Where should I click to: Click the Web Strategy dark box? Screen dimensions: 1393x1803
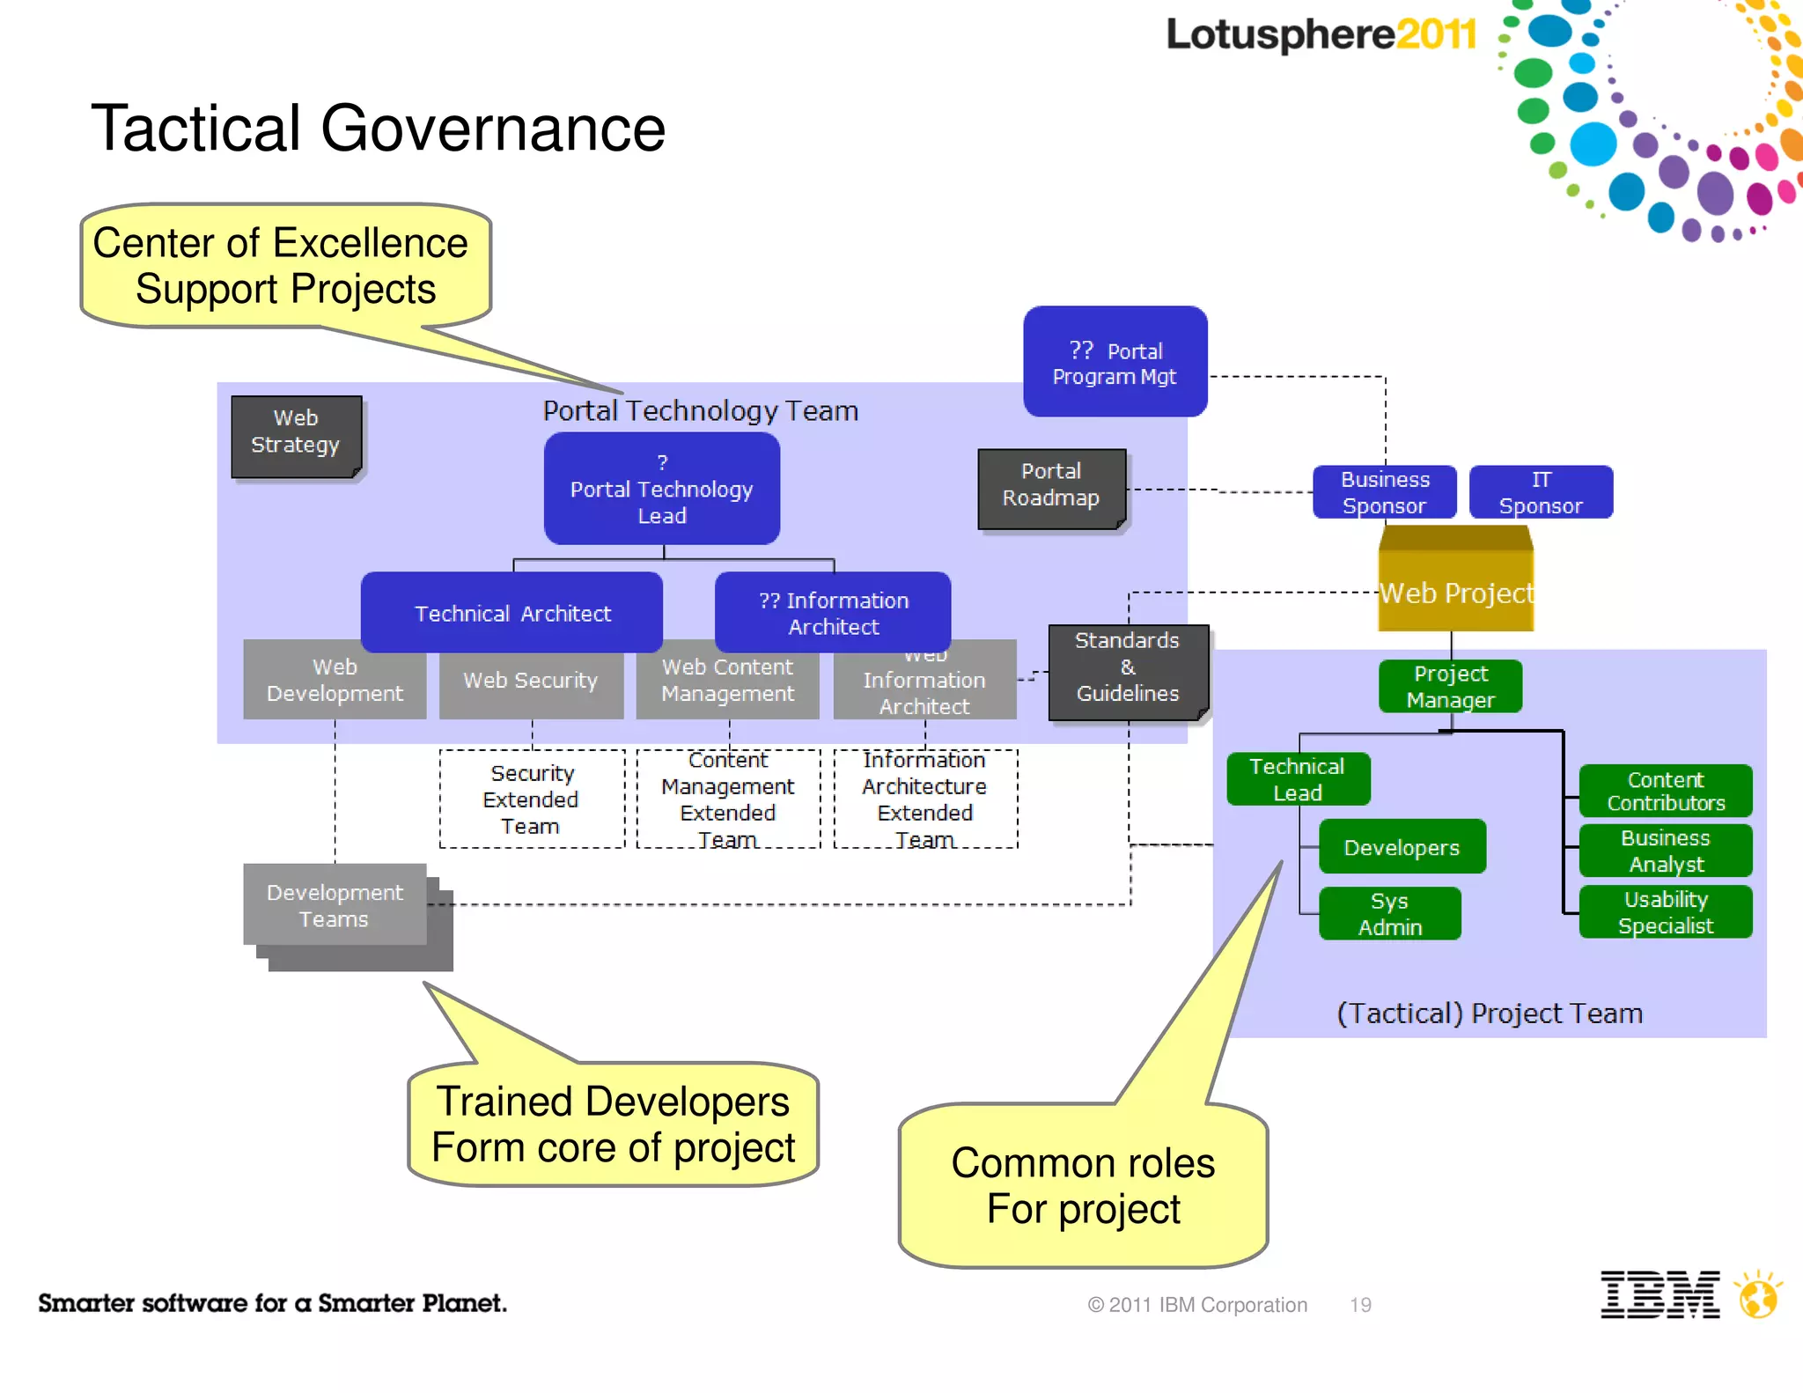tap(296, 436)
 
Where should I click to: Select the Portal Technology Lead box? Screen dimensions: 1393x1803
tap(662, 489)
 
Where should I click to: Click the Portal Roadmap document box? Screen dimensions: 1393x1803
tap(1051, 488)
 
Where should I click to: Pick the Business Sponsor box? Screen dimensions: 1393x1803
tap(1384, 492)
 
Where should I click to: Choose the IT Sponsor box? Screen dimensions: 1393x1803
tap(1541, 492)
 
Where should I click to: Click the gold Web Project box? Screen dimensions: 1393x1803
tap(1455, 586)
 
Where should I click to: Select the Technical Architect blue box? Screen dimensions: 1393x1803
tap(512, 613)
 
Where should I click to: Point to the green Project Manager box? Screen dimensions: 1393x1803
tap(1450, 686)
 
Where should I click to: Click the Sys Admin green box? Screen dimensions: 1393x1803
tap(1389, 914)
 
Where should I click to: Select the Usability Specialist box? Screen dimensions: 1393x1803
tap(1665, 912)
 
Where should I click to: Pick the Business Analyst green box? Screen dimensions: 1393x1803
tap(1665, 851)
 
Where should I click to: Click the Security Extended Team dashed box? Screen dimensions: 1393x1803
tap(532, 800)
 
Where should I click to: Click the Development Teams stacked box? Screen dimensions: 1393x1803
tap(335, 905)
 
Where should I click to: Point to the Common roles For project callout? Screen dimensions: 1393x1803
tap(1083, 1185)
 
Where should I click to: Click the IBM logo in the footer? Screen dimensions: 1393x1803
tap(1659, 1294)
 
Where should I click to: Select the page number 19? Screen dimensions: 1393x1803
tap(1360, 1305)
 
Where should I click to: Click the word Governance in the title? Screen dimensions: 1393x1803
tap(493, 129)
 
